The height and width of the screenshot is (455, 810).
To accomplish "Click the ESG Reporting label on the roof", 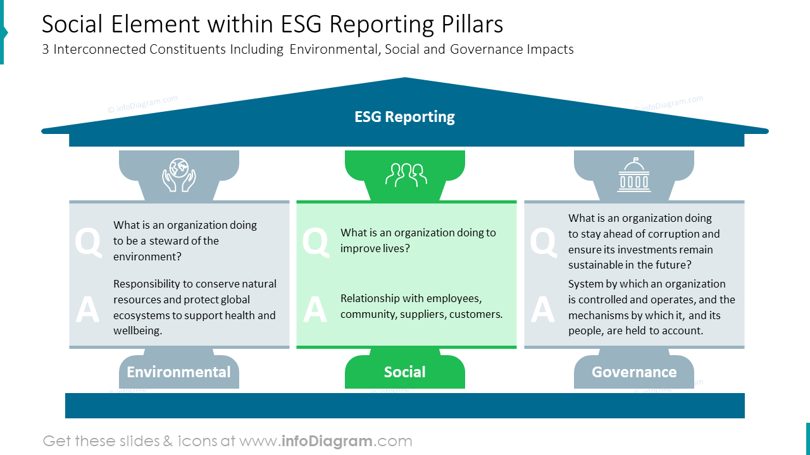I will (404, 117).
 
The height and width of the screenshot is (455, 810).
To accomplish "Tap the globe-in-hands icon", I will (179, 174).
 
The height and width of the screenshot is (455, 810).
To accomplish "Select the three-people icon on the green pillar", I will (406, 175).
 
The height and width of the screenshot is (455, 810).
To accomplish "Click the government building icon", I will (633, 175).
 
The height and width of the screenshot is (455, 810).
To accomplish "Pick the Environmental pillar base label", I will (178, 372).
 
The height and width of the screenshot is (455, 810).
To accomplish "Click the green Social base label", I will (405, 372).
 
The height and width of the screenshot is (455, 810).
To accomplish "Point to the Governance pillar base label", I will (634, 372).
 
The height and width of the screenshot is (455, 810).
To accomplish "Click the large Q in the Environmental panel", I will (88, 242).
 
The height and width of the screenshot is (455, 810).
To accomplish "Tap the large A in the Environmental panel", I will (87, 310).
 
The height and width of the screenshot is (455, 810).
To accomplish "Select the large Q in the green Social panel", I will (315, 242).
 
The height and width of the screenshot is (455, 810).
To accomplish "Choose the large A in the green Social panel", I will (315, 310).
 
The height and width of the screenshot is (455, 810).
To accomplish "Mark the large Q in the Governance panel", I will (542, 242).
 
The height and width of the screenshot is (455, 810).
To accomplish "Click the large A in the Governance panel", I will (542, 310).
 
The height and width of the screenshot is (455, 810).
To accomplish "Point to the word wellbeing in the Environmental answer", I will (138, 331).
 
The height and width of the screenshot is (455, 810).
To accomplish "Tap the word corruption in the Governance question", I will (666, 234).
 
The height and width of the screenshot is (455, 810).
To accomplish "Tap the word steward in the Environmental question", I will (179, 241).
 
